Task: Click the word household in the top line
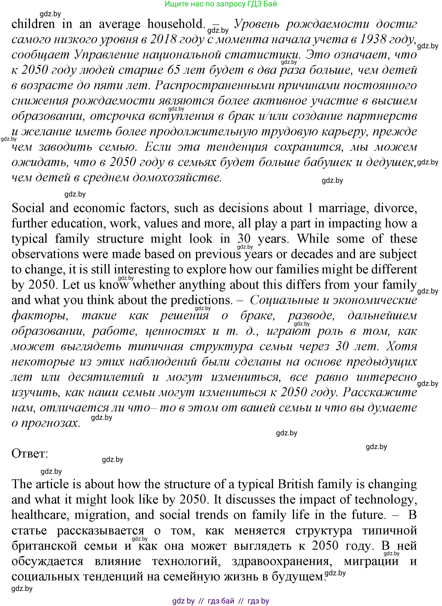[176, 24]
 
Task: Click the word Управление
[106, 55]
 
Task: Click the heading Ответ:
[30, 454]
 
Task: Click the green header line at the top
[221, 4]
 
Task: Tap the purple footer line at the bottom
[221, 601]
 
